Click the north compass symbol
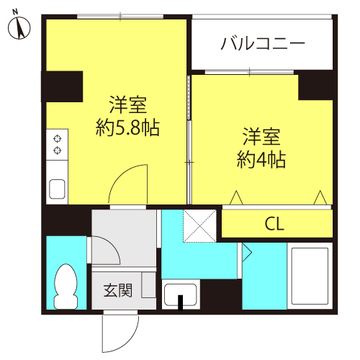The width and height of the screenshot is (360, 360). pos(19,27)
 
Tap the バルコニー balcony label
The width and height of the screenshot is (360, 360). pos(263,43)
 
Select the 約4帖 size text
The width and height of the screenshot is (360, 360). pos(261,160)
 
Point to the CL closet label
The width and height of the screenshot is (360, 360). pos(274,224)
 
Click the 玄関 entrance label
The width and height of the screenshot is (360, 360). pos(117,290)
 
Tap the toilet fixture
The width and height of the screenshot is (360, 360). pos(66,287)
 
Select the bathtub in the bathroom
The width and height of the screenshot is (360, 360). pos(310,276)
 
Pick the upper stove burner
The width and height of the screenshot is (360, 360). pos(57,139)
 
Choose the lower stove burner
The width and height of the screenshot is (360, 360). pos(57,150)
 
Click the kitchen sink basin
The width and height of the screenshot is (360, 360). pos(57,189)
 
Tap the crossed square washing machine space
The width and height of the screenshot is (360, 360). pos(199,226)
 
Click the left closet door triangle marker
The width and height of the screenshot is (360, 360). pos(236,198)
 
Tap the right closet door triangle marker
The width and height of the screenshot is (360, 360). pos(320,198)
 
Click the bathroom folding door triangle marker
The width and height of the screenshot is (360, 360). pos(247,252)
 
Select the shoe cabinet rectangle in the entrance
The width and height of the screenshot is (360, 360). pos(149,285)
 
